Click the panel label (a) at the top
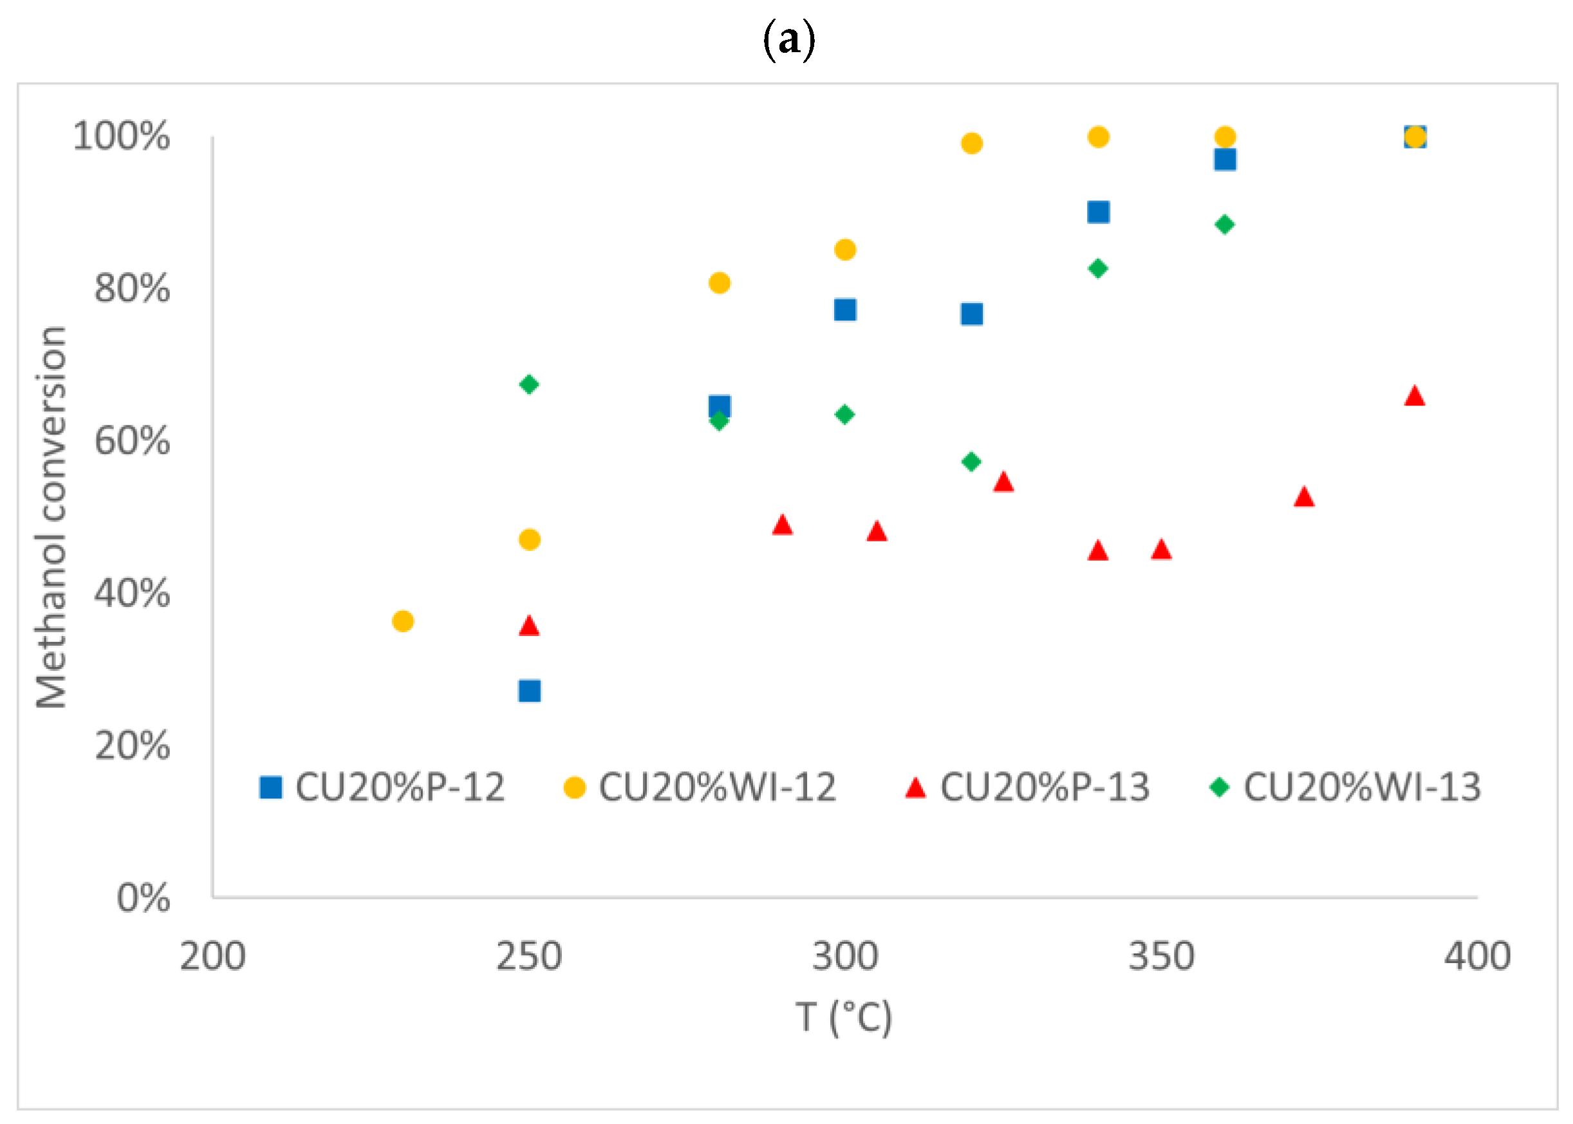coord(788,40)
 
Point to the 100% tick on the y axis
coord(121,136)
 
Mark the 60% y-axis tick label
coord(132,441)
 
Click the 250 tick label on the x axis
coord(528,957)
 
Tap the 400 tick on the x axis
coord(1477,957)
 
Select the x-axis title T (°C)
coord(844,1017)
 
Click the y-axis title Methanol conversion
coord(51,517)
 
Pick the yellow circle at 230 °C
coord(403,621)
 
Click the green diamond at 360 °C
coord(1225,224)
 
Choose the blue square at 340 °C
coord(1098,212)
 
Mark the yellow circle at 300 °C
coord(845,249)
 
